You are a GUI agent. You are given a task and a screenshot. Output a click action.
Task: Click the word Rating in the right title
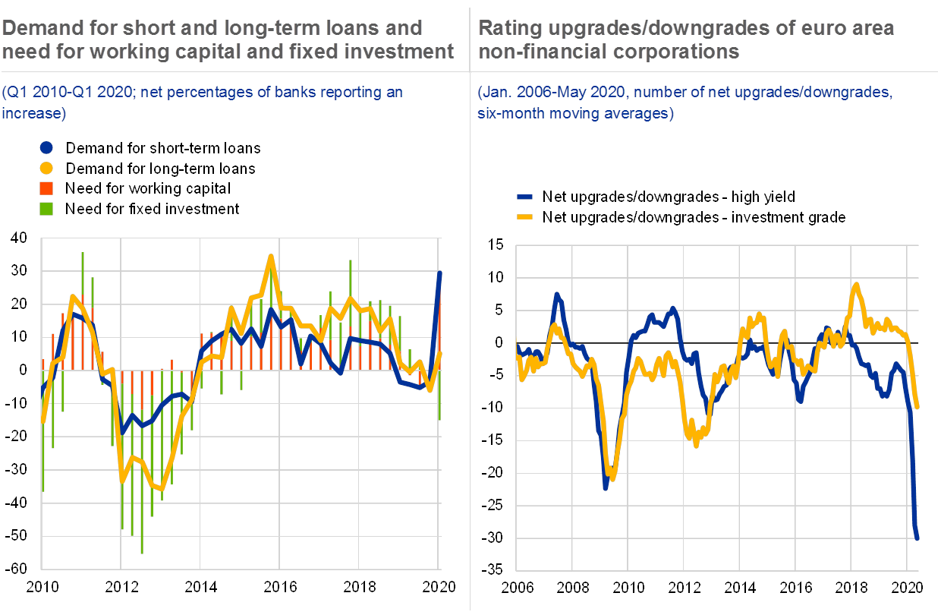[505, 29]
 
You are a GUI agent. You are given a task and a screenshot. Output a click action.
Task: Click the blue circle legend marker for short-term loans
[46, 147]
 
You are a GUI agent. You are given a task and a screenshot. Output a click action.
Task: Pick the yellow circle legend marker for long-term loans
[46, 168]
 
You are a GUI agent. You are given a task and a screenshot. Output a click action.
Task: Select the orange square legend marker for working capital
[46, 188]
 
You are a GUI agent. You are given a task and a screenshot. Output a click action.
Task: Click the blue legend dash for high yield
[525, 197]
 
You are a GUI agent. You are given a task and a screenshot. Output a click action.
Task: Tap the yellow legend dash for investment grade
[525, 217]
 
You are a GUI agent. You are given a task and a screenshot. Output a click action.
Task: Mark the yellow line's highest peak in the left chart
[271, 257]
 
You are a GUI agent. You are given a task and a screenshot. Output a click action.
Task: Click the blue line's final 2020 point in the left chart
[439, 272]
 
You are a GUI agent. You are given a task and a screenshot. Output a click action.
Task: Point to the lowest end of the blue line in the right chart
[917, 538]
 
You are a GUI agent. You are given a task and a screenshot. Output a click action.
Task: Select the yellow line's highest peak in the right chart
[856, 285]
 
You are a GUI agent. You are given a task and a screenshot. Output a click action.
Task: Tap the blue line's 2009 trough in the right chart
[606, 487]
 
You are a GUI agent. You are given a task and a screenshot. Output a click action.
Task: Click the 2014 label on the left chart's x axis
[201, 587]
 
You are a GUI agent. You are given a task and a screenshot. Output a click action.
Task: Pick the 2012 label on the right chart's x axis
[685, 587]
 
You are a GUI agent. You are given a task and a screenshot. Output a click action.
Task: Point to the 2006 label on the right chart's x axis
[516, 587]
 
